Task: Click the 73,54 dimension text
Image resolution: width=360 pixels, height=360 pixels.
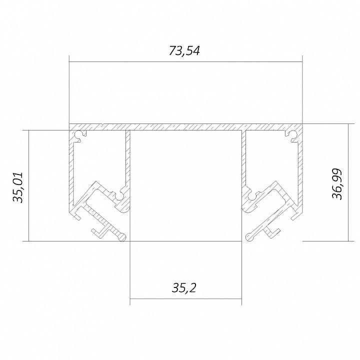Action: tap(184, 50)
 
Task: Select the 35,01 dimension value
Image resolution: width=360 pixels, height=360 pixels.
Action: tap(18, 187)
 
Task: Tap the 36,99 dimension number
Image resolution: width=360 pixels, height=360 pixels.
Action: tap(337, 184)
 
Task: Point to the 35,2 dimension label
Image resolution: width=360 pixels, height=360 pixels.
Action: tap(184, 288)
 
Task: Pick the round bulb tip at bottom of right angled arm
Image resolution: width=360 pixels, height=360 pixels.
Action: tap(249, 236)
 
